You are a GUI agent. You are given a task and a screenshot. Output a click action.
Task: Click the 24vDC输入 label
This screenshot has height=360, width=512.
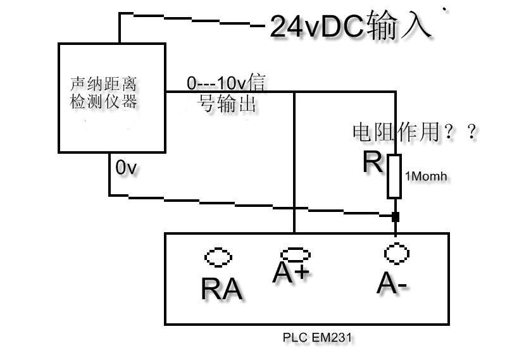click(351, 27)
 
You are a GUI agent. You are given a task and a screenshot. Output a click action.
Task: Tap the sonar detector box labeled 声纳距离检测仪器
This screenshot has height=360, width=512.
click(111, 97)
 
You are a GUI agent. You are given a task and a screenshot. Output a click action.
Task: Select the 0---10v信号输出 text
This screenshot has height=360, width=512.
click(225, 93)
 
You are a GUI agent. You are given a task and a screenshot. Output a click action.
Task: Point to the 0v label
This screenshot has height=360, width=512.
click(126, 168)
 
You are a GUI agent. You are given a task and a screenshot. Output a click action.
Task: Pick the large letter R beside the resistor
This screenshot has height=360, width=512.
click(373, 163)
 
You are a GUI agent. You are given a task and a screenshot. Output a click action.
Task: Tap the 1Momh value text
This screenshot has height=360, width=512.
click(426, 177)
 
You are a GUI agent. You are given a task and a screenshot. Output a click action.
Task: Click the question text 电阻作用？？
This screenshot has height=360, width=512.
click(414, 132)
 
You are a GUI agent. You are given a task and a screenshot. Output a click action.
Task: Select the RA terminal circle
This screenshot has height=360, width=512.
click(219, 258)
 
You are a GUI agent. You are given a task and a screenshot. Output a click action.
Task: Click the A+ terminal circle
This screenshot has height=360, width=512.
click(296, 254)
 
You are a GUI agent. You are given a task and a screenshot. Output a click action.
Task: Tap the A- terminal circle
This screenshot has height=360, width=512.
click(396, 253)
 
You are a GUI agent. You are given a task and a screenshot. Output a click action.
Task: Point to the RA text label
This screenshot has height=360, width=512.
click(222, 289)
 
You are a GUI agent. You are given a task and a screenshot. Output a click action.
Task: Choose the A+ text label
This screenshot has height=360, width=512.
click(290, 273)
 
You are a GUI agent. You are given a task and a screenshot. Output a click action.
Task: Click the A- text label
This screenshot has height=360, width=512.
click(392, 284)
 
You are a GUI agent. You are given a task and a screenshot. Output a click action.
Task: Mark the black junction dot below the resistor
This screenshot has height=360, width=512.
click(396, 217)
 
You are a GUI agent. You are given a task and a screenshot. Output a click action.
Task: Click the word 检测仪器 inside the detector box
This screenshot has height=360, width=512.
click(103, 101)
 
